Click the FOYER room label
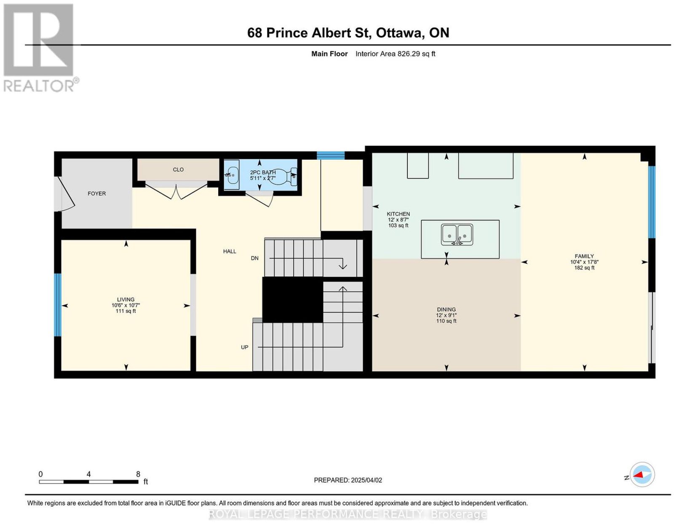[x=97, y=193]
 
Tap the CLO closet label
[x=178, y=170]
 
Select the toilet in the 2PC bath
[x=283, y=177]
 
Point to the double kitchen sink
[x=457, y=234]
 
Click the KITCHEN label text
[x=398, y=214]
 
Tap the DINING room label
[x=447, y=309]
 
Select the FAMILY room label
[x=584, y=256]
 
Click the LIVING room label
[x=126, y=300]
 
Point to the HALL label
[x=230, y=252]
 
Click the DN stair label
[x=255, y=258]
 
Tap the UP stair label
[x=244, y=347]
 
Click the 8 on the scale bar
[x=138, y=474]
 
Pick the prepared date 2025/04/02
[x=366, y=480]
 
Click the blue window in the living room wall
[x=58, y=305]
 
